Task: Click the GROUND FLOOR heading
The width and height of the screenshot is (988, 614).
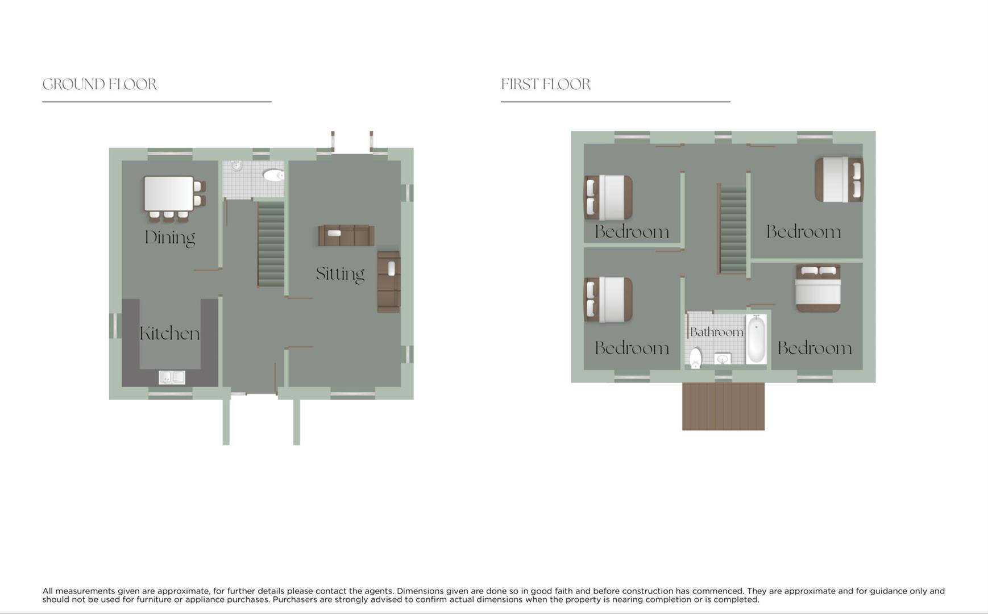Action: [x=99, y=85]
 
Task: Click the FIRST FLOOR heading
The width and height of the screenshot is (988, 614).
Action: [x=546, y=85]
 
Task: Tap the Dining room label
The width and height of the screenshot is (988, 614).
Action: [x=169, y=237]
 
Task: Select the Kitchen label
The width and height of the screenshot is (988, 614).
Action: [x=169, y=333]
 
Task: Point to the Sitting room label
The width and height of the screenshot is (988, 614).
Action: [x=340, y=274]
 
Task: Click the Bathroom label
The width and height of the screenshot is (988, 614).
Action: [x=716, y=332]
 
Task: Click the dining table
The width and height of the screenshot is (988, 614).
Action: [x=169, y=193]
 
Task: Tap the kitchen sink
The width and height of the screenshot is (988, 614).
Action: [x=172, y=377]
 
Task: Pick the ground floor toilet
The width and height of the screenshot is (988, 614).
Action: [x=273, y=175]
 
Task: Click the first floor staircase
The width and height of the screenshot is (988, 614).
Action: [x=733, y=230]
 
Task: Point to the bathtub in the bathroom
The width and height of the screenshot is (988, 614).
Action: [x=756, y=340]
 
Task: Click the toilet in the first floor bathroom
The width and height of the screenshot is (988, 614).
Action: [x=695, y=358]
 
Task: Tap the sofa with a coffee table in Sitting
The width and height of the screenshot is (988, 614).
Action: [x=346, y=235]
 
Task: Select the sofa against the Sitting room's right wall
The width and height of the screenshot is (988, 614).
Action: [x=389, y=281]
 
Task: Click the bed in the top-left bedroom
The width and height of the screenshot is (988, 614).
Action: [x=608, y=197]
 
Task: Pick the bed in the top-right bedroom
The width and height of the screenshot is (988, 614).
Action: [x=838, y=180]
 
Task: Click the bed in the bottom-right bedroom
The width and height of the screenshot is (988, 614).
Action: [x=817, y=288]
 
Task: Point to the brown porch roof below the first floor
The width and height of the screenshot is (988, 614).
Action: [x=723, y=406]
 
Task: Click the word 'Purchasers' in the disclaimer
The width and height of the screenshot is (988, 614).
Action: [x=294, y=600]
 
